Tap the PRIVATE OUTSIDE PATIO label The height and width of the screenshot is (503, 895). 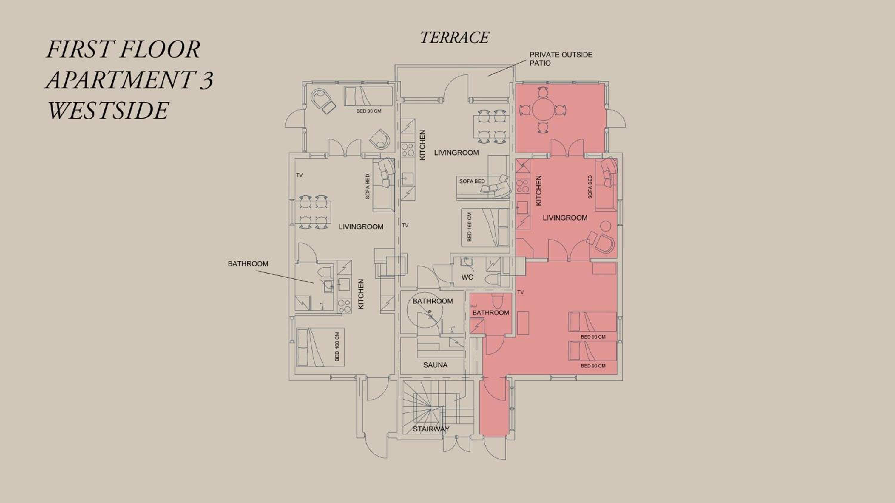[561, 59]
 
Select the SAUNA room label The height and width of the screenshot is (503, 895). [435, 365]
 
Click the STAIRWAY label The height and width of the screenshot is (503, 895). [431, 429]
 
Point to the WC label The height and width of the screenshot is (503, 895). [467, 277]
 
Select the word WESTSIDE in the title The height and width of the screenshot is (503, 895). [108, 111]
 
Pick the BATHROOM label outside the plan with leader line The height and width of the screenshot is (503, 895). [248, 263]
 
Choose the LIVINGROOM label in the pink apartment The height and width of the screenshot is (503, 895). [565, 218]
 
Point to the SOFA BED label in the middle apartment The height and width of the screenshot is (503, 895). [472, 181]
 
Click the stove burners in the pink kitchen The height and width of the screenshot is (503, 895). [521, 186]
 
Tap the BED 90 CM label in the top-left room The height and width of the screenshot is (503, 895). [369, 111]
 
